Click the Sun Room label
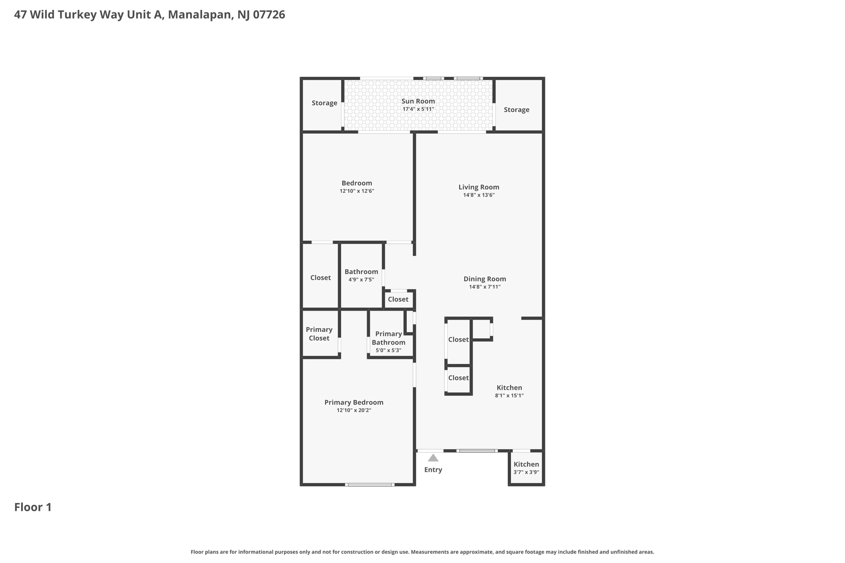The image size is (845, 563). tap(418, 101)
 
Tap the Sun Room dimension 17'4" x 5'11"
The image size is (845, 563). tap(418, 109)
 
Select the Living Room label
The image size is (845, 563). tap(479, 187)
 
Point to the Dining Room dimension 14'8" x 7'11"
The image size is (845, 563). tap(484, 287)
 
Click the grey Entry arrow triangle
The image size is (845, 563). tap(433, 458)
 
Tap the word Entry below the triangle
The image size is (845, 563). tap(433, 470)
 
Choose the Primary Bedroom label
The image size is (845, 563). tap(354, 403)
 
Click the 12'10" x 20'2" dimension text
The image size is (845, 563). tap(354, 410)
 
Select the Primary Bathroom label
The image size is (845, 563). tap(388, 338)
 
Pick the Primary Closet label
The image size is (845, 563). tap(319, 334)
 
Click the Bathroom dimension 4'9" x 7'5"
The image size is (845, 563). tap(361, 280)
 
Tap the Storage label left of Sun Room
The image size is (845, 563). tap(324, 103)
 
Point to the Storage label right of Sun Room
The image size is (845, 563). tap(516, 110)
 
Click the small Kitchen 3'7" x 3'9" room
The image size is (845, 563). tap(526, 468)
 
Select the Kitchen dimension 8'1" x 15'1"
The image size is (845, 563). tap(509, 396)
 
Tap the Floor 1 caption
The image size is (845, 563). tap(33, 507)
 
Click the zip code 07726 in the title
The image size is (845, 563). tap(269, 15)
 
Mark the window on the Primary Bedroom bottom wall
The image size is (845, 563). tap(369, 485)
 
